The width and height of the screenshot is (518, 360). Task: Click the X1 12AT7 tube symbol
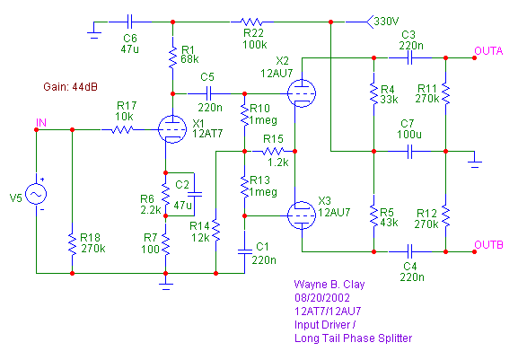172,129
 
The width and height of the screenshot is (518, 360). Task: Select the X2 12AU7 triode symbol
302,93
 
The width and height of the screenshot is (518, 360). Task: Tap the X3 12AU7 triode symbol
302,215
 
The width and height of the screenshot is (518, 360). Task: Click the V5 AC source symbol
36,194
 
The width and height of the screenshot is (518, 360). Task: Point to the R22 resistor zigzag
252,22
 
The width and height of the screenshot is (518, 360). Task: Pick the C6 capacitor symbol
130,22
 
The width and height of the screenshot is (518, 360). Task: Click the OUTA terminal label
488,51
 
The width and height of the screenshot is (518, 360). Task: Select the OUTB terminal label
488,245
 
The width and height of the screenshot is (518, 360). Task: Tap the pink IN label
41,122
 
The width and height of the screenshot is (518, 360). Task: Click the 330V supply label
386,22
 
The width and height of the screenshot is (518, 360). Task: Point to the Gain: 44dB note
70,87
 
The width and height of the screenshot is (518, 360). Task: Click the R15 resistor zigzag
273,151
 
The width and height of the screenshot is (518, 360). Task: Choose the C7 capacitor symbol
409,151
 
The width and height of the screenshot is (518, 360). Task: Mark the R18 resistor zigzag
72,244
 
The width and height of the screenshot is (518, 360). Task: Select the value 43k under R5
389,223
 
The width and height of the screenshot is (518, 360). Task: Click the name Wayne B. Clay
329,285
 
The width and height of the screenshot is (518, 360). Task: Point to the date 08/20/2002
322,298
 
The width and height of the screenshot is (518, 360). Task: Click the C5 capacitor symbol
208,93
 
